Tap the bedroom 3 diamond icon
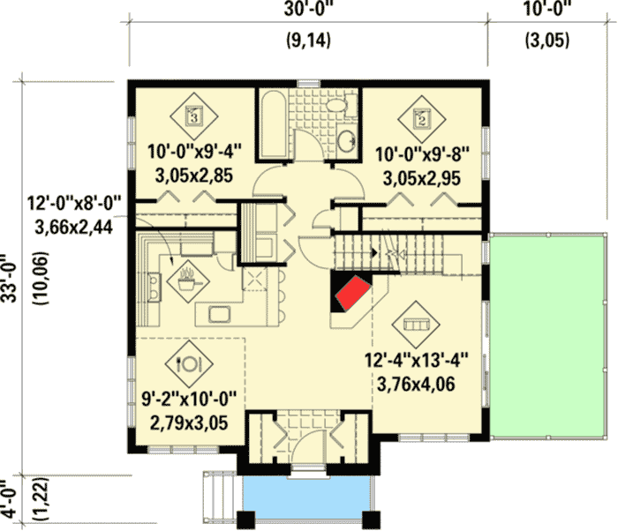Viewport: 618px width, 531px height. [x=196, y=114]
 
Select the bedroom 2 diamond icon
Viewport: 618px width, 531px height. [x=421, y=116]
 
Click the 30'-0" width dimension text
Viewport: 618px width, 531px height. [x=307, y=10]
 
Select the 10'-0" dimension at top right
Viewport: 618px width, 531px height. [x=548, y=10]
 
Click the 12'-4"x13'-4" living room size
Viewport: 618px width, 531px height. [x=416, y=360]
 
